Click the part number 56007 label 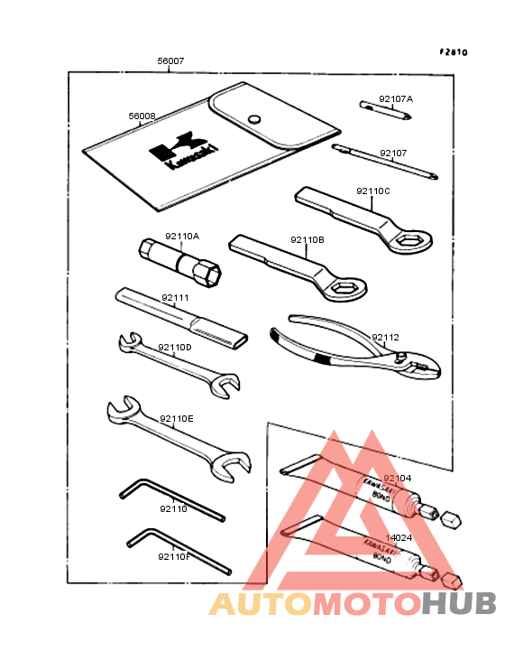point(170,61)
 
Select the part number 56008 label point(142,116)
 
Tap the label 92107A point(396,98)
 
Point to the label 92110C point(372,191)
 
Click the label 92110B point(308,240)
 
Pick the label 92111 point(175,297)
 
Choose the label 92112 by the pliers point(385,338)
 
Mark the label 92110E point(177,418)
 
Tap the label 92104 point(397,478)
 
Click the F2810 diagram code point(454,52)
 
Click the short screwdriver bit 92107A point(385,111)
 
